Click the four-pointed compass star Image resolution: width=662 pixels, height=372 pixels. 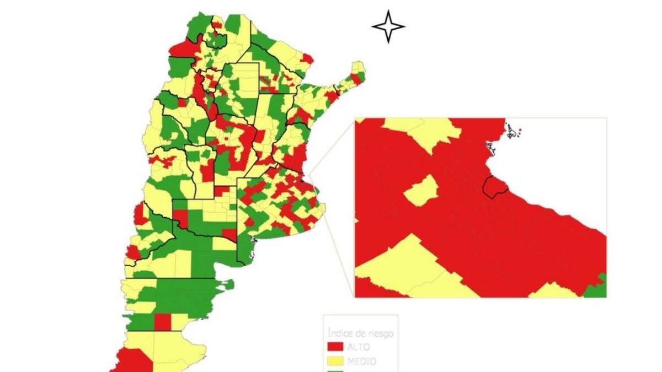pyautogui.click(x=388, y=26)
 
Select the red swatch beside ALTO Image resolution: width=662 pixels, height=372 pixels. pyautogui.click(x=335, y=347)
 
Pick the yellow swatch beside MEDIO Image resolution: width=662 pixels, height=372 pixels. pyautogui.click(x=335, y=362)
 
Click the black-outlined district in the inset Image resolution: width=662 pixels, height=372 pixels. pyautogui.click(x=494, y=186)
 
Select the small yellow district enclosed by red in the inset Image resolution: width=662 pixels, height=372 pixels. pyautogui.click(x=421, y=191)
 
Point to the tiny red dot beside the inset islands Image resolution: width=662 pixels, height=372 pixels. pyautogui.click(x=520, y=130)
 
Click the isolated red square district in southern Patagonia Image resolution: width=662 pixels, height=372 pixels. pyautogui.click(x=162, y=322)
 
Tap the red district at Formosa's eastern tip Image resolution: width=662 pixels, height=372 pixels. pyautogui.click(x=307, y=58)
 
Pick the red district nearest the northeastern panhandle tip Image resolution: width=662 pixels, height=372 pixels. pyautogui.click(x=357, y=79)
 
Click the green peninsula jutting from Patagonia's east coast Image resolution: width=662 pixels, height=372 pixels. pyautogui.click(x=226, y=285)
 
